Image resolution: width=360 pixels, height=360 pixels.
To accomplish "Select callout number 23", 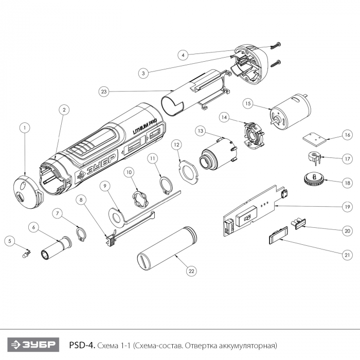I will click(x=104, y=92).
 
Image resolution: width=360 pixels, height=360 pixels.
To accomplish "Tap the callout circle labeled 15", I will click(x=248, y=103).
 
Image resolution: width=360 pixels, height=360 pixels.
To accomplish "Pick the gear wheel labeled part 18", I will click(x=313, y=179).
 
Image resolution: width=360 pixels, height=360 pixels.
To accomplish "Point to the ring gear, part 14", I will click(x=254, y=137).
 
